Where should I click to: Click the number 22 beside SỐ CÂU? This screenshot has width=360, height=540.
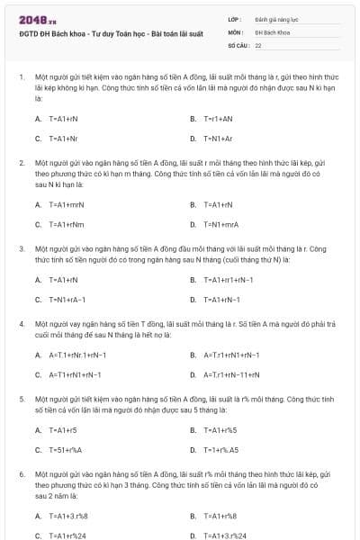259,44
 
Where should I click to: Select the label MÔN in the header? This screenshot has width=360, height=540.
235,31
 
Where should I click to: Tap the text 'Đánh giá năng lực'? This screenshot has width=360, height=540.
274,19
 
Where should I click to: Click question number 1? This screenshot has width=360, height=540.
21,77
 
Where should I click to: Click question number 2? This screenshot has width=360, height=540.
21,163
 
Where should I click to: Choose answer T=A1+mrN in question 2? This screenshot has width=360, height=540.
66,204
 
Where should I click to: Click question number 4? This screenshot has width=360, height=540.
21,321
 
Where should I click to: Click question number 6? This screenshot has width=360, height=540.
21,472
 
